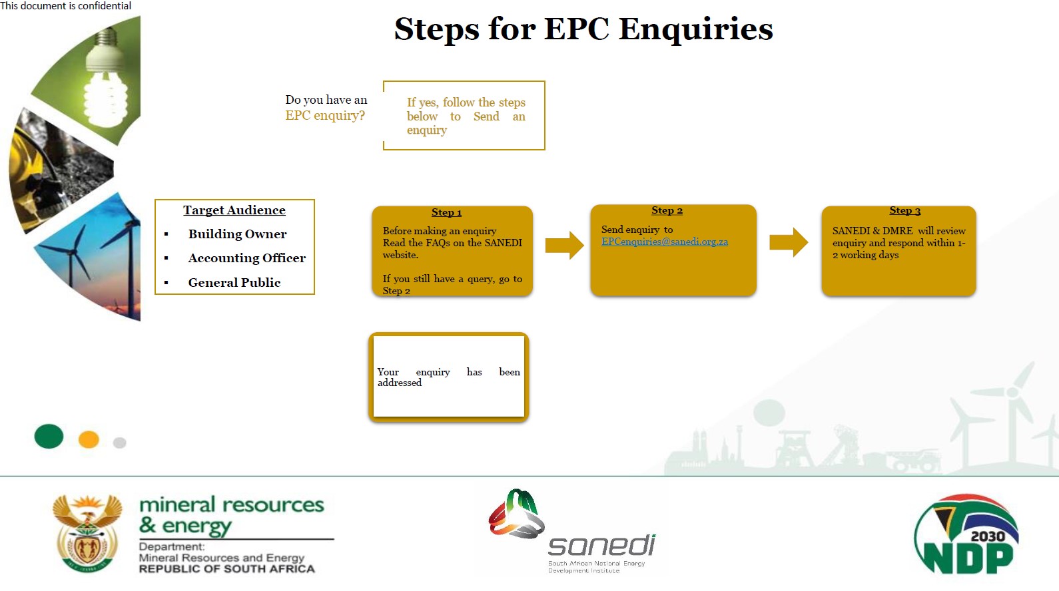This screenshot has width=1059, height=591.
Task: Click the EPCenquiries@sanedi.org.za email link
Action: (x=664, y=242)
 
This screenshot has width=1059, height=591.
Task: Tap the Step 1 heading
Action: (x=446, y=212)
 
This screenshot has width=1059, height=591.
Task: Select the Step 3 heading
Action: (x=904, y=210)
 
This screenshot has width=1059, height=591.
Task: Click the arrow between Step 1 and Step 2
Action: (x=564, y=245)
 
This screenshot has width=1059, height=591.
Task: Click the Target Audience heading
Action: (x=234, y=210)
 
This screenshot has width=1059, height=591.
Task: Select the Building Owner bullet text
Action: (x=237, y=234)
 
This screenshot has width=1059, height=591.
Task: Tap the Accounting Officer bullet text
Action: (x=246, y=258)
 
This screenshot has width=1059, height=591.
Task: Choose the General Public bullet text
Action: (x=234, y=283)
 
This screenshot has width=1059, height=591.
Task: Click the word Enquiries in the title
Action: (x=695, y=29)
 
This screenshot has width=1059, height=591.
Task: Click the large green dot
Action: (x=49, y=437)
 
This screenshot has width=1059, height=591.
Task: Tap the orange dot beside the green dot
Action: (x=89, y=439)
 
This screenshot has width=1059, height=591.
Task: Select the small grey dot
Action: (x=120, y=443)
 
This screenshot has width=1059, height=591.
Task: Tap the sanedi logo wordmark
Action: (x=601, y=545)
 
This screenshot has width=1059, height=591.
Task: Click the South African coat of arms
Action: (x=87, y=533)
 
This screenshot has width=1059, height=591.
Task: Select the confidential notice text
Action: (x=66, y=6)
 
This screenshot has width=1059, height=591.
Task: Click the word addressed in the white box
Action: (x=400, y=383)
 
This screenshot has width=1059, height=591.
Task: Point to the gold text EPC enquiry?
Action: (x=325, y=116)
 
